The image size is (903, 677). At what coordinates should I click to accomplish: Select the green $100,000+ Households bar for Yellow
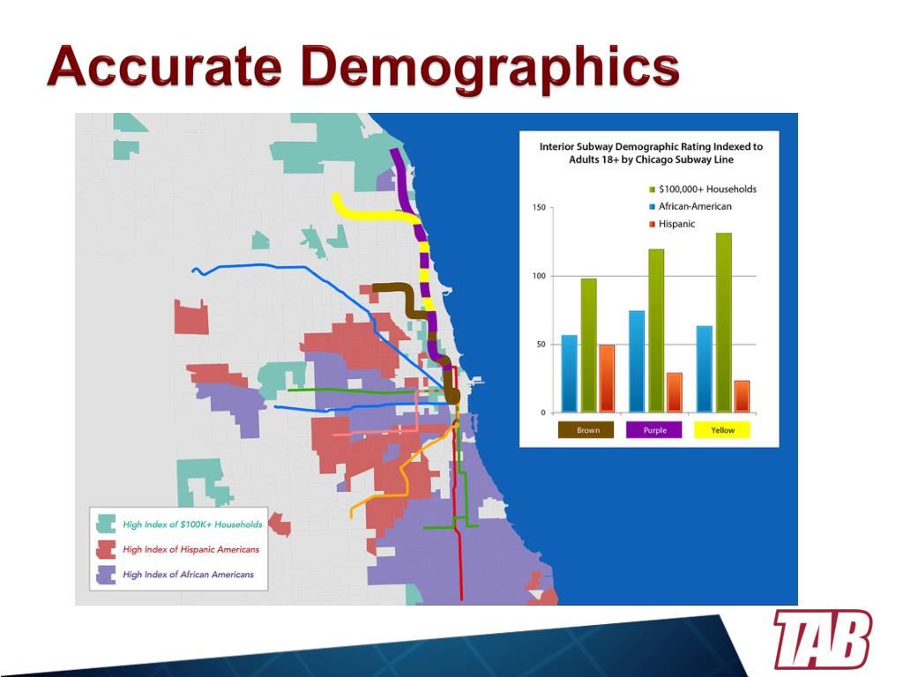point(723,323)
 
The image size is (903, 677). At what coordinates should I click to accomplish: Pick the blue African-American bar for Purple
point(637,361)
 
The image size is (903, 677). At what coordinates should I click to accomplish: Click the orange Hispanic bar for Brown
point(607,379)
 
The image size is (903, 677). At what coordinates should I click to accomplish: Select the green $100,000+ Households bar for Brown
point(588,346)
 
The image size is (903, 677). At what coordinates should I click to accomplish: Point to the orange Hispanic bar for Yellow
point(742,397)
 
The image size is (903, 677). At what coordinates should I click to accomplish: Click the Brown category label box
point(586,430)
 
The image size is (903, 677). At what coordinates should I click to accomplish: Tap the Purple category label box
point(653,430)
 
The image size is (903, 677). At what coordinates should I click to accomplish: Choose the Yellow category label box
point(722,430)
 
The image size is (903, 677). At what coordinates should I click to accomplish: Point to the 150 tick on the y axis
point(539,208)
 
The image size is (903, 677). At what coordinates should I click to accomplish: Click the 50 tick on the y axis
point(541,345)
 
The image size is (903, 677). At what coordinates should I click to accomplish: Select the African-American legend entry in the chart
point(690,206)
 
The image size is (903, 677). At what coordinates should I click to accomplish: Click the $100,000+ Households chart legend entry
point(703,190)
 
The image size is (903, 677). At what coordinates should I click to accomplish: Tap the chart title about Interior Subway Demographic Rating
point(651,153)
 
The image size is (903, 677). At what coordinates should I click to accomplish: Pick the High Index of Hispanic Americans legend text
point(191,550)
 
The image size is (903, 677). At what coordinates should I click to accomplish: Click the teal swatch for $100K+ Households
point(106,524)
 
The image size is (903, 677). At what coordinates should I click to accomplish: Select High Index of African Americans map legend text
point(189,575)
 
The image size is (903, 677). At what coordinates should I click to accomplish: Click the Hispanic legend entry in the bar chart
point(672,224)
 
